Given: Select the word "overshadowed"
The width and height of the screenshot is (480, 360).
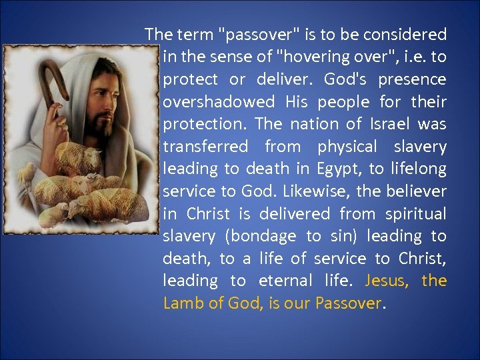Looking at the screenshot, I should (219, 101).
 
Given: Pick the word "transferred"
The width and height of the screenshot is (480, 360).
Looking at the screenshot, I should (205, 147).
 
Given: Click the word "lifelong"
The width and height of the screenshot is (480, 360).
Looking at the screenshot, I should (417, 169).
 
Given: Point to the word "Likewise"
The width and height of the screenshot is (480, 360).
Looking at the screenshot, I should (316, 191).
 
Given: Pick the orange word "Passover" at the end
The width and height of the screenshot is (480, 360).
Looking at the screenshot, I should (349, 304).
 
